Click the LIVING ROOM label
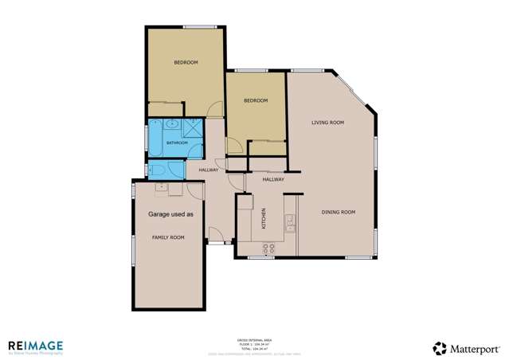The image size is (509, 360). (327, 122)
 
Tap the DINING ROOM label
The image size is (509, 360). (338, 212)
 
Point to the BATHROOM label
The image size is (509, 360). (177, 143)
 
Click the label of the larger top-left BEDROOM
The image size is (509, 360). (186, 62)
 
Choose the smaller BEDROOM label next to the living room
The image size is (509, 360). (255, 100)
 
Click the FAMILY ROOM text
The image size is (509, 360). (168, 237)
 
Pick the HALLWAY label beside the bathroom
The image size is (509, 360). (209, 170)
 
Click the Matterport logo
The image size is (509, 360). (466, 348)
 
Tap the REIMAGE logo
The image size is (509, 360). (35, 346)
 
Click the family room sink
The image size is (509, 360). (161, 188)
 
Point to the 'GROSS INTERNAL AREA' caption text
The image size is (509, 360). (254, 338)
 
